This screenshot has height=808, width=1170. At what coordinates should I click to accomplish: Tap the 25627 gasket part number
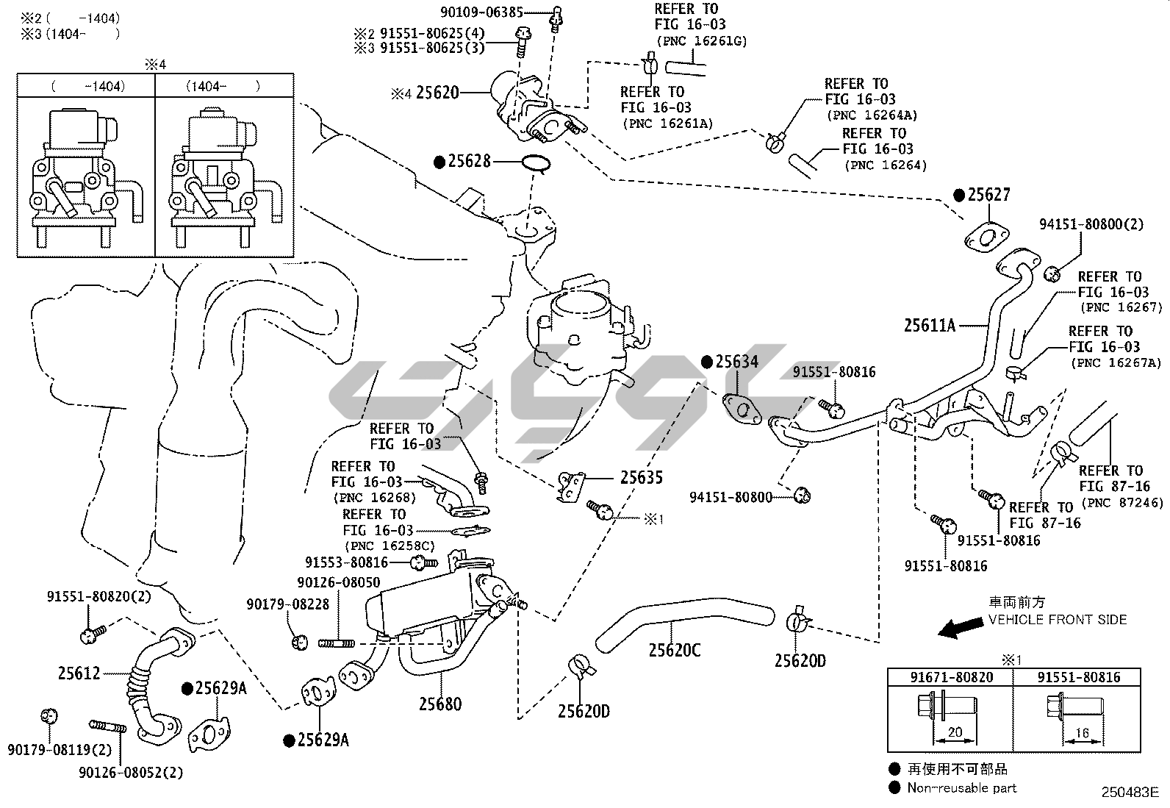click(x=988, y=195)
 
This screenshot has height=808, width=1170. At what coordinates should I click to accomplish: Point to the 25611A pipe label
click(x=929, y=325)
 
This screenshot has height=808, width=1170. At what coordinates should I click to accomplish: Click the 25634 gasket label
click(x=736, y=362)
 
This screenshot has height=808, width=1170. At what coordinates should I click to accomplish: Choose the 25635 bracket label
click(x=641, y=478)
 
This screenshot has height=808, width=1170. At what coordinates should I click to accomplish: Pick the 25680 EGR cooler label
click(x=440, y=704)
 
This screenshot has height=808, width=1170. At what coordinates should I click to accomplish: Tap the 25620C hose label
click(x=674, y=650)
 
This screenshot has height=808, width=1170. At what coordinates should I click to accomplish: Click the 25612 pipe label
click(x=79, y=673)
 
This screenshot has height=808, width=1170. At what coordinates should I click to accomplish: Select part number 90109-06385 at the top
click(x=481, y=12)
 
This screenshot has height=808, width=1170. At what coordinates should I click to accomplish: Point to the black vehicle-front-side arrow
click(x=962, y=627)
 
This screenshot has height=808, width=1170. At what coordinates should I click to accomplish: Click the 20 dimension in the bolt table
click(x=955, y=732)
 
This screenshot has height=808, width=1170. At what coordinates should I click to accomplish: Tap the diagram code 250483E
click(x=1130, y=793)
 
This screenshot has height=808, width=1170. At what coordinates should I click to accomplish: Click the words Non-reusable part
click(x=961, y=788)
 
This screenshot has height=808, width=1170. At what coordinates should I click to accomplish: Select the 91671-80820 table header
click(x=952, y=677)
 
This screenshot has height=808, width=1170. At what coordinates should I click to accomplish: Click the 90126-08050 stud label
click(x=338, y=582)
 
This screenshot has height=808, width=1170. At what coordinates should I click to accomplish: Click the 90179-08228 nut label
click(x=288, y=604)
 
